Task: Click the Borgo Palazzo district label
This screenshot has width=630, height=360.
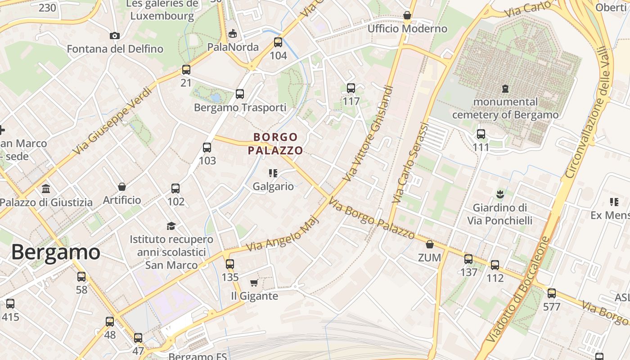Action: click(275, 144)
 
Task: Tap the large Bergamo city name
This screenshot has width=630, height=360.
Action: click(55, 252)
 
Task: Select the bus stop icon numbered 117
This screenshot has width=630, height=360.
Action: click(351, 88)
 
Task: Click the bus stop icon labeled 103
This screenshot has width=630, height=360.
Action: click(207, 148)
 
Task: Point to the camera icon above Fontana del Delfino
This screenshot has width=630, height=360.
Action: click(115, 36)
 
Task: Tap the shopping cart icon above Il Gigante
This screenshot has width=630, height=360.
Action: click(254, 283)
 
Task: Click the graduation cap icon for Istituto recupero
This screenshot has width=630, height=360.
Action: click(171, 226)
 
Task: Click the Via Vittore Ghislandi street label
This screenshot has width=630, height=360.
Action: click(368, 134)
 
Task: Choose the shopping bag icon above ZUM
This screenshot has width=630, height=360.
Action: click(430, 244)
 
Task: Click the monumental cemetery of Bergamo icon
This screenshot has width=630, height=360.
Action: click(505, 89)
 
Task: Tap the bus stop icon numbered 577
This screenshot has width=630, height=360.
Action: click(552, 294)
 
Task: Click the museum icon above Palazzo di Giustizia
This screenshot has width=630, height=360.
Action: click(46, 189)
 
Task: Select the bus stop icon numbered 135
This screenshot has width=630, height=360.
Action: click(230, 264)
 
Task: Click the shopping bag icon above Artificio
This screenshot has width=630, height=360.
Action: click(121, 186)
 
